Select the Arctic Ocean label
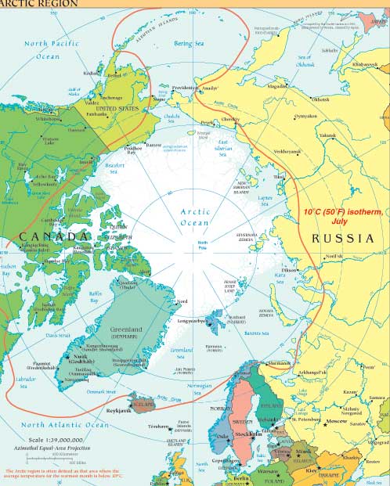196,217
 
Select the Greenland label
125,330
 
